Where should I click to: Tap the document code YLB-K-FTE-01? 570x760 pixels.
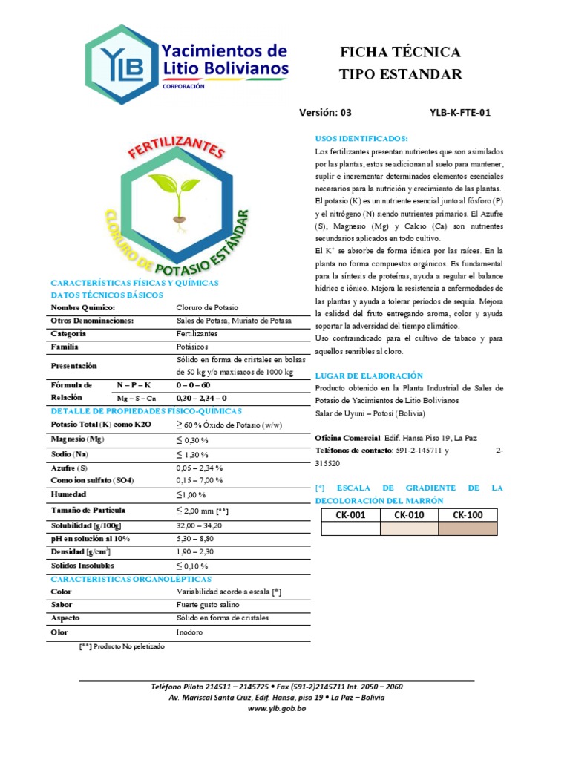[460, 113]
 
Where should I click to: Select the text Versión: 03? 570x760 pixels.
[325, 113]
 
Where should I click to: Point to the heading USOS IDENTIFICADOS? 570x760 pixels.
[361, 139]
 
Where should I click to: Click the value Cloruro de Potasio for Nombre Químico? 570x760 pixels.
[207, 307]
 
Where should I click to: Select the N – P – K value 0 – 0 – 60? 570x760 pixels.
[193, 385]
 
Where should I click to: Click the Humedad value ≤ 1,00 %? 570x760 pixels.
[191, 494]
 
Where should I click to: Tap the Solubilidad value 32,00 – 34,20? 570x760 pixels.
[200, 525]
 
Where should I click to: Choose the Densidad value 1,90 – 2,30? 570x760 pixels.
[194, 552]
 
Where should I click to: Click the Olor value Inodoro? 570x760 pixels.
[189, 632]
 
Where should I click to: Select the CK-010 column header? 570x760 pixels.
[409, 515]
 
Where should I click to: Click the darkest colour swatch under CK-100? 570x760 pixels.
[468, 528]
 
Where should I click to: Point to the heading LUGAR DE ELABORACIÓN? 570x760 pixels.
[369, 376]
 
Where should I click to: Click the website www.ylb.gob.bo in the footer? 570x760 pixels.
[276, 708]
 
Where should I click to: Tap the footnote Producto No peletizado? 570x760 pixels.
[122, 646]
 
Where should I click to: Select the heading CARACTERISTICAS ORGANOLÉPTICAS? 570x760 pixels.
[131, 579]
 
